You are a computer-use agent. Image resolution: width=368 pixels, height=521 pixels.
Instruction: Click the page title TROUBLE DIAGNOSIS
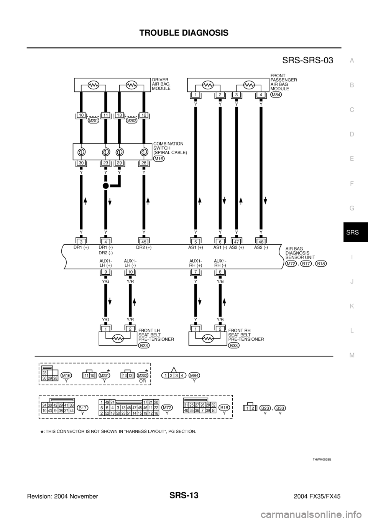click(x=184, y=33)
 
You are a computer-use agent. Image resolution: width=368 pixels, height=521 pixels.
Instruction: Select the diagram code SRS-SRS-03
click(x=307, y=60)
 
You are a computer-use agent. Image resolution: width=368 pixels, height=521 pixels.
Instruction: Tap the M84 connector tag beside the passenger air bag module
click(x=276, y=95)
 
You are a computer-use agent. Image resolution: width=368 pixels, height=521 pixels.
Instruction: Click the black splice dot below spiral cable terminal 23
click(x=106, y=186)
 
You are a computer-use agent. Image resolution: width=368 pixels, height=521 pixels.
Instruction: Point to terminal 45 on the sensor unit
click(x=144, y=242)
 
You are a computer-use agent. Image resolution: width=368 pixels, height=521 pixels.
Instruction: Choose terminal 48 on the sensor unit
click(x=261, y=242)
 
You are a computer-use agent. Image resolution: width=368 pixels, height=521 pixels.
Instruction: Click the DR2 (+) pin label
click(x=144, y=248)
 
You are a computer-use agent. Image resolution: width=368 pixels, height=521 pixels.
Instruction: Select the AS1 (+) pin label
click(x=195, y=248)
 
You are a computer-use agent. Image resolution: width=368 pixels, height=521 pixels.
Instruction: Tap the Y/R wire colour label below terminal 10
click(x=130, y=281)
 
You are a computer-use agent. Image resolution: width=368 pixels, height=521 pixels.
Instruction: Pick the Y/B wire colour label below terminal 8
click(x=220, y=281)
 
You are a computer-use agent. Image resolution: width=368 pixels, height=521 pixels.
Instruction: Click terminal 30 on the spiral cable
click(x=81, y=163)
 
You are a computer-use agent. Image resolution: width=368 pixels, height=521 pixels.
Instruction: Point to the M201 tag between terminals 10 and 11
click(x=94, y=120)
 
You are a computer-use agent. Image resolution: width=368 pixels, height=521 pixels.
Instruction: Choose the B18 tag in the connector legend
click(x=224, y=407)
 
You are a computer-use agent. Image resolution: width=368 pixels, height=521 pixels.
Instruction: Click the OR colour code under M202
click(x=143, y=381)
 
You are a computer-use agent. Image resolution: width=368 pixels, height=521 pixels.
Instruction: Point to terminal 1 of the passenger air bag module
click(x=195, y=95)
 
